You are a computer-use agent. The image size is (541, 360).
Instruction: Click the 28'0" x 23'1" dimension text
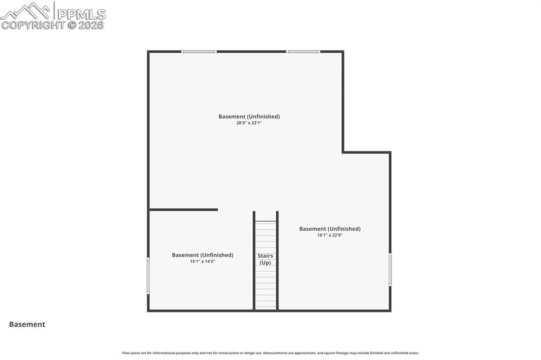click(249, 123)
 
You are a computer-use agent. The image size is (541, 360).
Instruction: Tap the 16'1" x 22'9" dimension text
click(330, 235)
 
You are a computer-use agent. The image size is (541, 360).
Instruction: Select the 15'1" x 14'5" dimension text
click(202, 261)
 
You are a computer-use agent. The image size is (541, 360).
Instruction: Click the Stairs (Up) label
click(265, 259)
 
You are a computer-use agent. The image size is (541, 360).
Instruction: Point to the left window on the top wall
click(199, 52)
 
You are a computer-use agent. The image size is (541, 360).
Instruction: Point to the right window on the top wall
click(303, 52)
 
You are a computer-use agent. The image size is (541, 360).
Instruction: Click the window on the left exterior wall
click(148, 275)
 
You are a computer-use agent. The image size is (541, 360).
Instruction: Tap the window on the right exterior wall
click(390, 270)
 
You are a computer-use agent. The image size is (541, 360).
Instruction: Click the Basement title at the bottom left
click(27, 325)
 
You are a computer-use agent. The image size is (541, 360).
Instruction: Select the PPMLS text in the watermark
click(81, 14)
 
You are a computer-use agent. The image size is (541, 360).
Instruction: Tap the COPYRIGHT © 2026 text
click(53, 25)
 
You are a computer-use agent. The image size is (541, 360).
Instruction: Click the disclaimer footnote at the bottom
click(270, 353)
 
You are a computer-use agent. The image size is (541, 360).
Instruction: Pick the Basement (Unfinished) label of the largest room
click(249, 117)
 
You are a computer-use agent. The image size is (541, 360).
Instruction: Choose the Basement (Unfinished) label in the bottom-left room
click(202, 255)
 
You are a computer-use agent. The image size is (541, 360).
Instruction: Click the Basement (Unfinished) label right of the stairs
click(330, 229)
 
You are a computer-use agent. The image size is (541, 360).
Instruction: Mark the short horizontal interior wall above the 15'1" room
click(183, 210)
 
